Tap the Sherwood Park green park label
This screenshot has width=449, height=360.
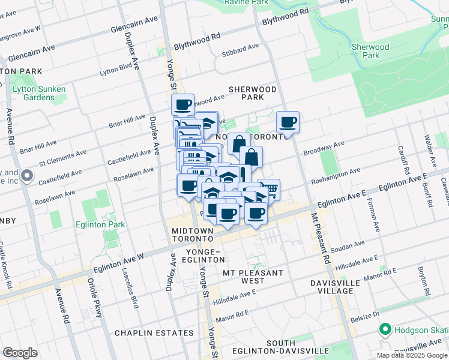370,51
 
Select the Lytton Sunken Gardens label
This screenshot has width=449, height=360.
39,93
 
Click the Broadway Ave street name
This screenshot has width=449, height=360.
324,148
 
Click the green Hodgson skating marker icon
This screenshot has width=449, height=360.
384,329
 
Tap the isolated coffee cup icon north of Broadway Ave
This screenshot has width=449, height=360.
288,122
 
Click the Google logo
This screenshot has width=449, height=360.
20,352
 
